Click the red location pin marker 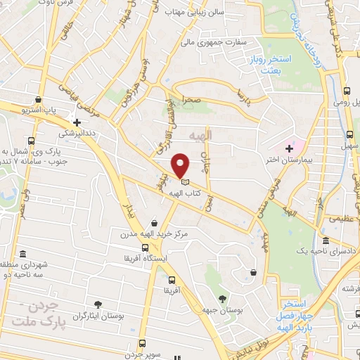pos(181,165)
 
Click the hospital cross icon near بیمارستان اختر pos(289,148)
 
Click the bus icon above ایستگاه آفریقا pos(145,247)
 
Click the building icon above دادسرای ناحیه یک pos(325,240)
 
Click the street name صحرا pos(193,101)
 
